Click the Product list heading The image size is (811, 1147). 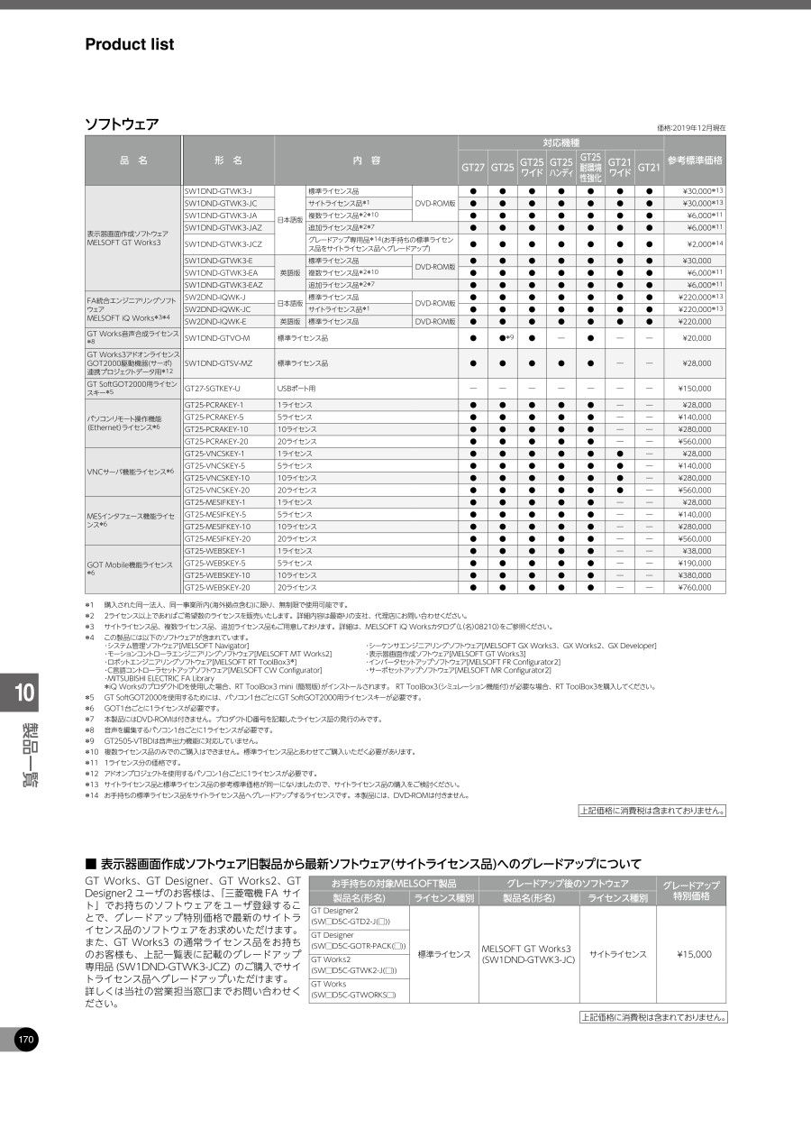(x=129, y=44)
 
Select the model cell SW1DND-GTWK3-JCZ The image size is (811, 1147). (x=223, y=243)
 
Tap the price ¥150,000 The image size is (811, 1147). (x=693, y=388)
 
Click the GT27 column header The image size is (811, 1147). (x=473, y=168)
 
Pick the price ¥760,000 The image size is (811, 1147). (x=693, y=587)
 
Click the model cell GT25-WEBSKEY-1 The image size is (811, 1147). (x=214, y=550)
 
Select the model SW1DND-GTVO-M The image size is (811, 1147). (x=217, y=338)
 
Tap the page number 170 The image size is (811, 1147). (x=25, y=1040)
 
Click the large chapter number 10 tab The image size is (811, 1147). (x=25, y=693)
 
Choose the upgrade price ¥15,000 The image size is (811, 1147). (x=693, y=953)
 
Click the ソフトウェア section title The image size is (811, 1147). (x=122, y=124)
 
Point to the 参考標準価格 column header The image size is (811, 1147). (x=695, y=161)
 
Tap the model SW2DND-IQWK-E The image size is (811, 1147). (x=215, y=321)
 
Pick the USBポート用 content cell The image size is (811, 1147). (x=296, y=388)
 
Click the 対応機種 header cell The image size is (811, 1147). (x=560, y=142)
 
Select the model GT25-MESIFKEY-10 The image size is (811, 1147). (x=217, y=526)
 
